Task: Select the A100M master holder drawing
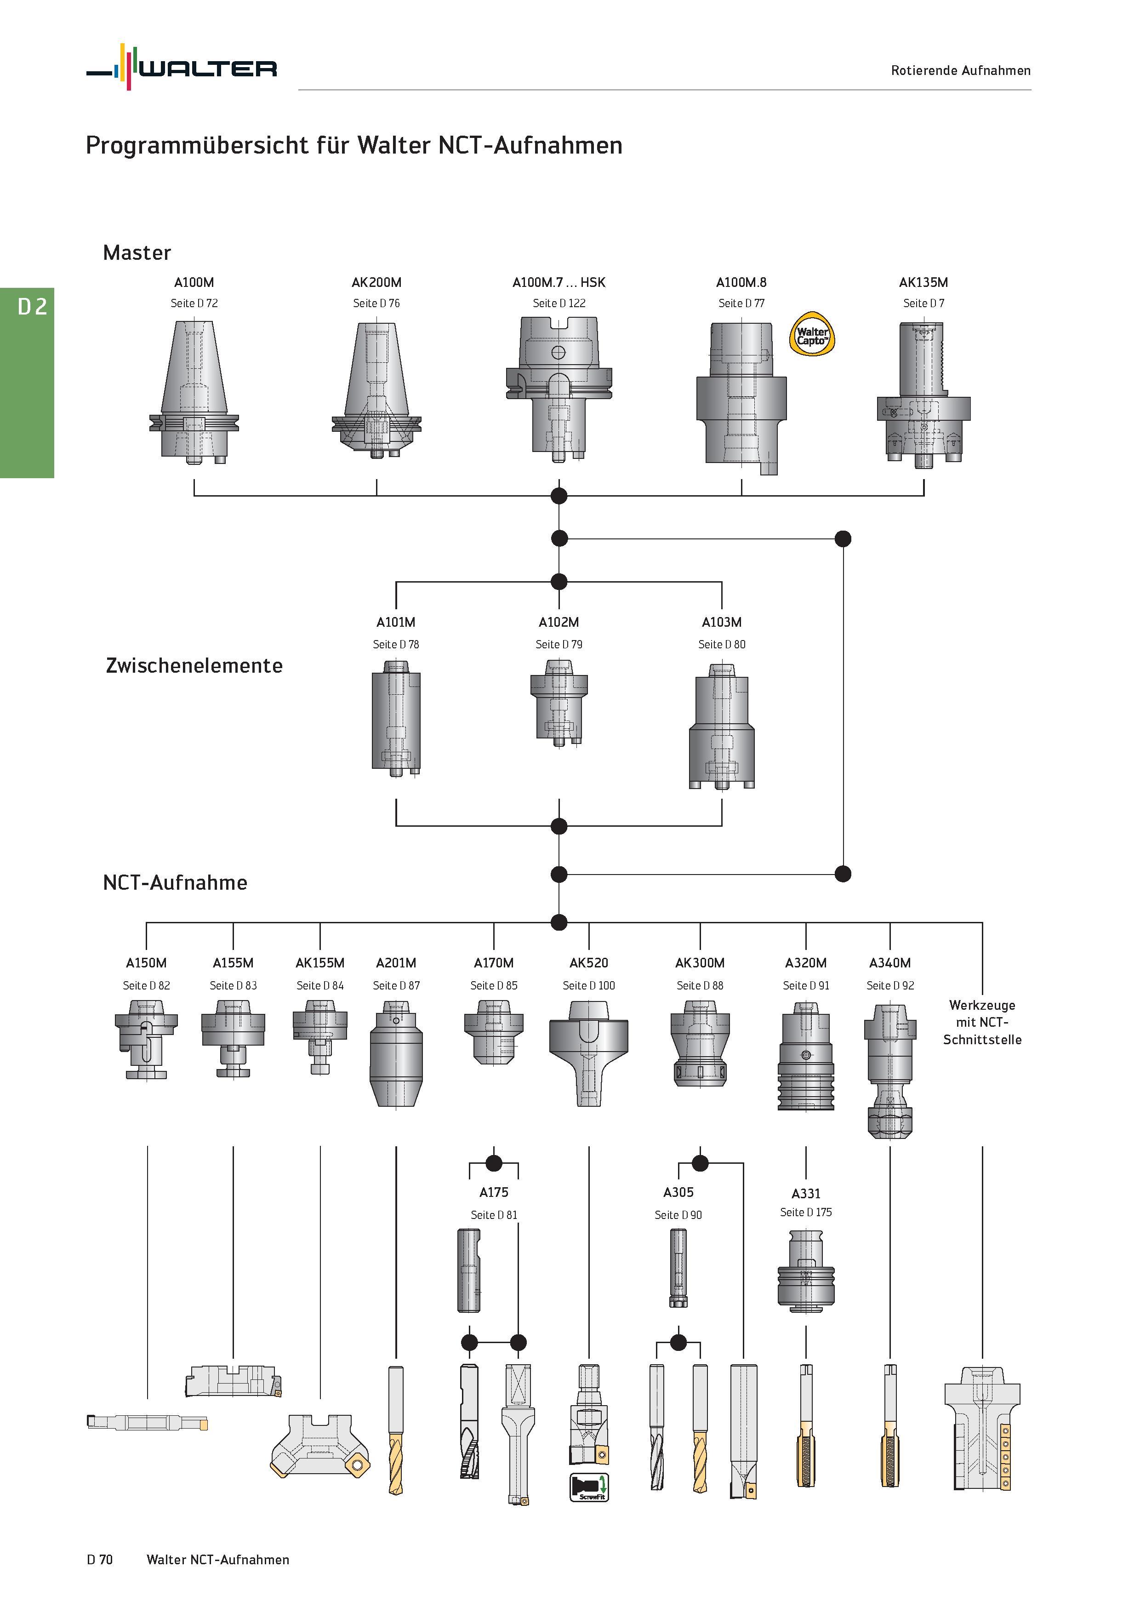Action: pyautogui.click(x=194, y=392)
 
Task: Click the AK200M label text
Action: pyautogui.click(x=376, y=282)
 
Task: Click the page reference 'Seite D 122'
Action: pyautogui.click(x=559, y=303)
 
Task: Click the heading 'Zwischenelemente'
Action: pyautogui.click(x=194, y=665)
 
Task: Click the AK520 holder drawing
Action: pyautogui.click(x=588, y=1054)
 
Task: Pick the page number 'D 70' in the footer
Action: pyautogui.click(x=100, y=1560)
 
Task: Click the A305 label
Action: pyautogui.click(x=678, y=1193)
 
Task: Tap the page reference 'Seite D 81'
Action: pyautogui.click(x=493, y=1215)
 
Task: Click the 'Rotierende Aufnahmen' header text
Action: pyautogui.click(x=960, y=70)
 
